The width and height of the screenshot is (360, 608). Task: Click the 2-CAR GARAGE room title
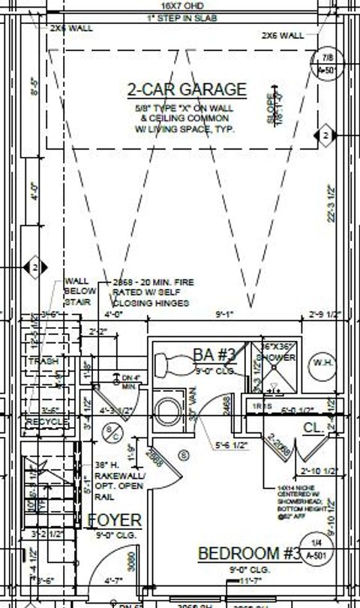coord(187,90)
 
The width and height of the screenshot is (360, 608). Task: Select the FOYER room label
coord(115,520)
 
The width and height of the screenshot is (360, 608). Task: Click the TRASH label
coord(43,363)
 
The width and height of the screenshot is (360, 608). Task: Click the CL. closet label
coord(313,427)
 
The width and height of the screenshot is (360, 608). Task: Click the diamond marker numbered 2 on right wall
coord(325,135)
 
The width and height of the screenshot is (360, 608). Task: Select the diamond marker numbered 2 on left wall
coord(34,266)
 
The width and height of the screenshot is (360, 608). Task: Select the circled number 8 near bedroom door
coord(184,453)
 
